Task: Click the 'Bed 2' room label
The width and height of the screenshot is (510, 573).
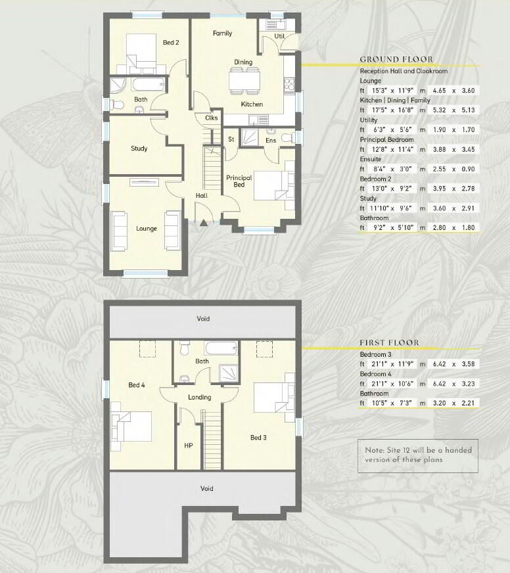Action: click(171, 43)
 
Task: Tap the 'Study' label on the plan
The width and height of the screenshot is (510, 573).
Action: click(139, 149)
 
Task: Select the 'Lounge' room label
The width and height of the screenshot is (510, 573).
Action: click(147, 229)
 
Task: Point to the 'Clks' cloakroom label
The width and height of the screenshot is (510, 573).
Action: click(212, 118)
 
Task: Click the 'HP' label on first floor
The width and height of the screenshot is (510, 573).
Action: click(188, 446)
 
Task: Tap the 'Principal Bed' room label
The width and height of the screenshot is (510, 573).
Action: click(239, 181)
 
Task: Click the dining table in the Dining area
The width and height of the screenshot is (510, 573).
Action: click(244, 80)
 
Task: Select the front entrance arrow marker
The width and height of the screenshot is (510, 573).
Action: click(203, 223)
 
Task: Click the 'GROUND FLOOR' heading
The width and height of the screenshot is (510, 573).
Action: click(396, 60)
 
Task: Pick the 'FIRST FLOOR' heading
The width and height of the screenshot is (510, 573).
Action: click(389, 343)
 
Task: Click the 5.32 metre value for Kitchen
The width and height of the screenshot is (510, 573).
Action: click(439, 110)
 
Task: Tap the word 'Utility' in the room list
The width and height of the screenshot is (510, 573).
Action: click(369, 120)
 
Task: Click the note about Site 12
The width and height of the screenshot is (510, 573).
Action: click(418, 455)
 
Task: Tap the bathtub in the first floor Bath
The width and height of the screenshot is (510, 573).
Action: click(221, 348)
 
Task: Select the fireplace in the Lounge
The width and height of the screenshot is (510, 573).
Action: click(144, 182)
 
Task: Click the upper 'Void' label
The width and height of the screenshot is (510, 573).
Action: click(203, 319)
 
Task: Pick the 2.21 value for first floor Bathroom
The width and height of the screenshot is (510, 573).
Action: click(468, 403)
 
